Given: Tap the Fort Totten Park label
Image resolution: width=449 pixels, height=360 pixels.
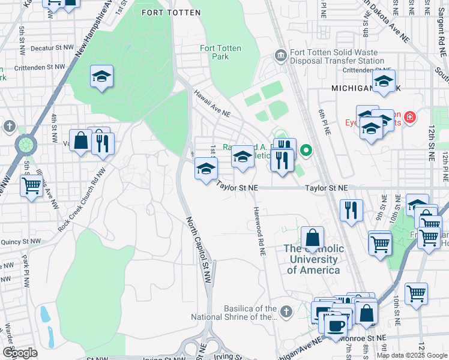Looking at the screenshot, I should [x=214, y=52].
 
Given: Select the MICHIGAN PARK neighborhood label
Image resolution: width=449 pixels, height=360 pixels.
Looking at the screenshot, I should [x=365, y=88].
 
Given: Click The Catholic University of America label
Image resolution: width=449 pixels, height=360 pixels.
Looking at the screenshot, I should [x=314, y=259].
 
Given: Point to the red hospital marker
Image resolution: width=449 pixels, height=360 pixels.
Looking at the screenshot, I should [x=410, y=116].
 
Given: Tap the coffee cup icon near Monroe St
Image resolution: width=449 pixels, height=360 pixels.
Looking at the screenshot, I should [x=336, y=325].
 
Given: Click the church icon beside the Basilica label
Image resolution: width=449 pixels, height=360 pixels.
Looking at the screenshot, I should [x=286, y=311].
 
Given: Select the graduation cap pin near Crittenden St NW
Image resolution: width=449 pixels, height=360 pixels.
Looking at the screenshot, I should [x=102, y=76].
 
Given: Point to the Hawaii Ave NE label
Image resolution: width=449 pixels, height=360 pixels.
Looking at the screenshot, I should [x=211, y=104].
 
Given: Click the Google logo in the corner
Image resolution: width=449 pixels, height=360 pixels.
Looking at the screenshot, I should [x=20, y=352].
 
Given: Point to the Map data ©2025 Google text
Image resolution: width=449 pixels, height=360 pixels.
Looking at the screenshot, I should [x=411, y=355].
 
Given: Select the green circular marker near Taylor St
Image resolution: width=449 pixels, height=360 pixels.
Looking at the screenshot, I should [x=306, y=150].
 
